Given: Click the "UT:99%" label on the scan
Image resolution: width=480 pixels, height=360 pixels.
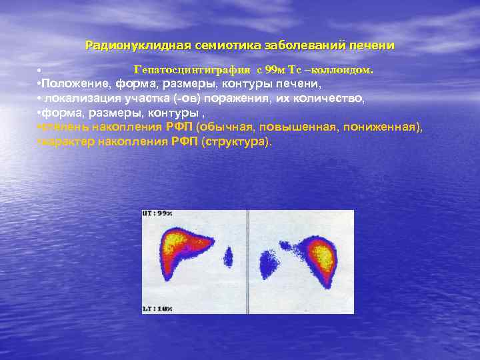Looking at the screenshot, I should tap(157, 214).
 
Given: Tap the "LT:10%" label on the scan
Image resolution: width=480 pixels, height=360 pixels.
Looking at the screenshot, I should tap(157, 309).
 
